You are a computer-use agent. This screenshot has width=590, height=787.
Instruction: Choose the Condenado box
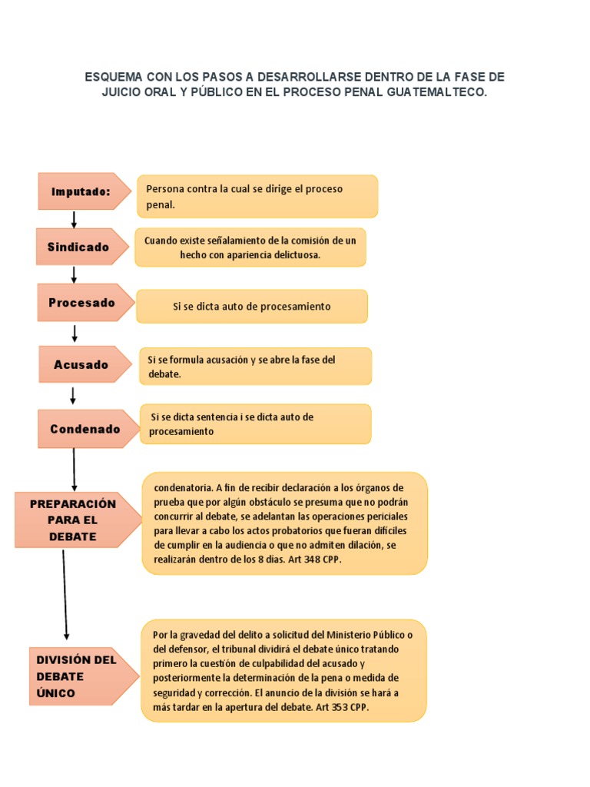click(x=85, y=429)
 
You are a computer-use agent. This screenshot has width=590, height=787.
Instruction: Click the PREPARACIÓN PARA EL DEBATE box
click(x=74, y=520)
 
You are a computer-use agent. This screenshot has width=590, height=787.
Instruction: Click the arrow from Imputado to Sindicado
click(x=75, y=219)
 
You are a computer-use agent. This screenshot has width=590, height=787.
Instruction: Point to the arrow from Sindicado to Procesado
click(x=75, y=274)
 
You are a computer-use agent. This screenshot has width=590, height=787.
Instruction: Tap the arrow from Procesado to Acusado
click(x=75, y=333)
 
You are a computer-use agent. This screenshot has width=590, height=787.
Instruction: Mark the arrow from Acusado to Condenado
click(x=74, y=395)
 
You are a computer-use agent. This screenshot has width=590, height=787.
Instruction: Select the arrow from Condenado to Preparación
click(x=75, y=469)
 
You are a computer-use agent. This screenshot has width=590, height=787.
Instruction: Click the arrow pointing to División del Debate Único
click(x=65, y=595)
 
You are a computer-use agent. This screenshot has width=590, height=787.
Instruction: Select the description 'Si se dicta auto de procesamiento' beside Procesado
click(x=252, y=307)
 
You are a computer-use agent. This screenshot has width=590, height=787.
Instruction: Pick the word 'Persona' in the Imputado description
click(x=164, y=189)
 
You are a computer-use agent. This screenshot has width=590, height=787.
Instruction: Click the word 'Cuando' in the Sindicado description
click(x=160, y=241)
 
